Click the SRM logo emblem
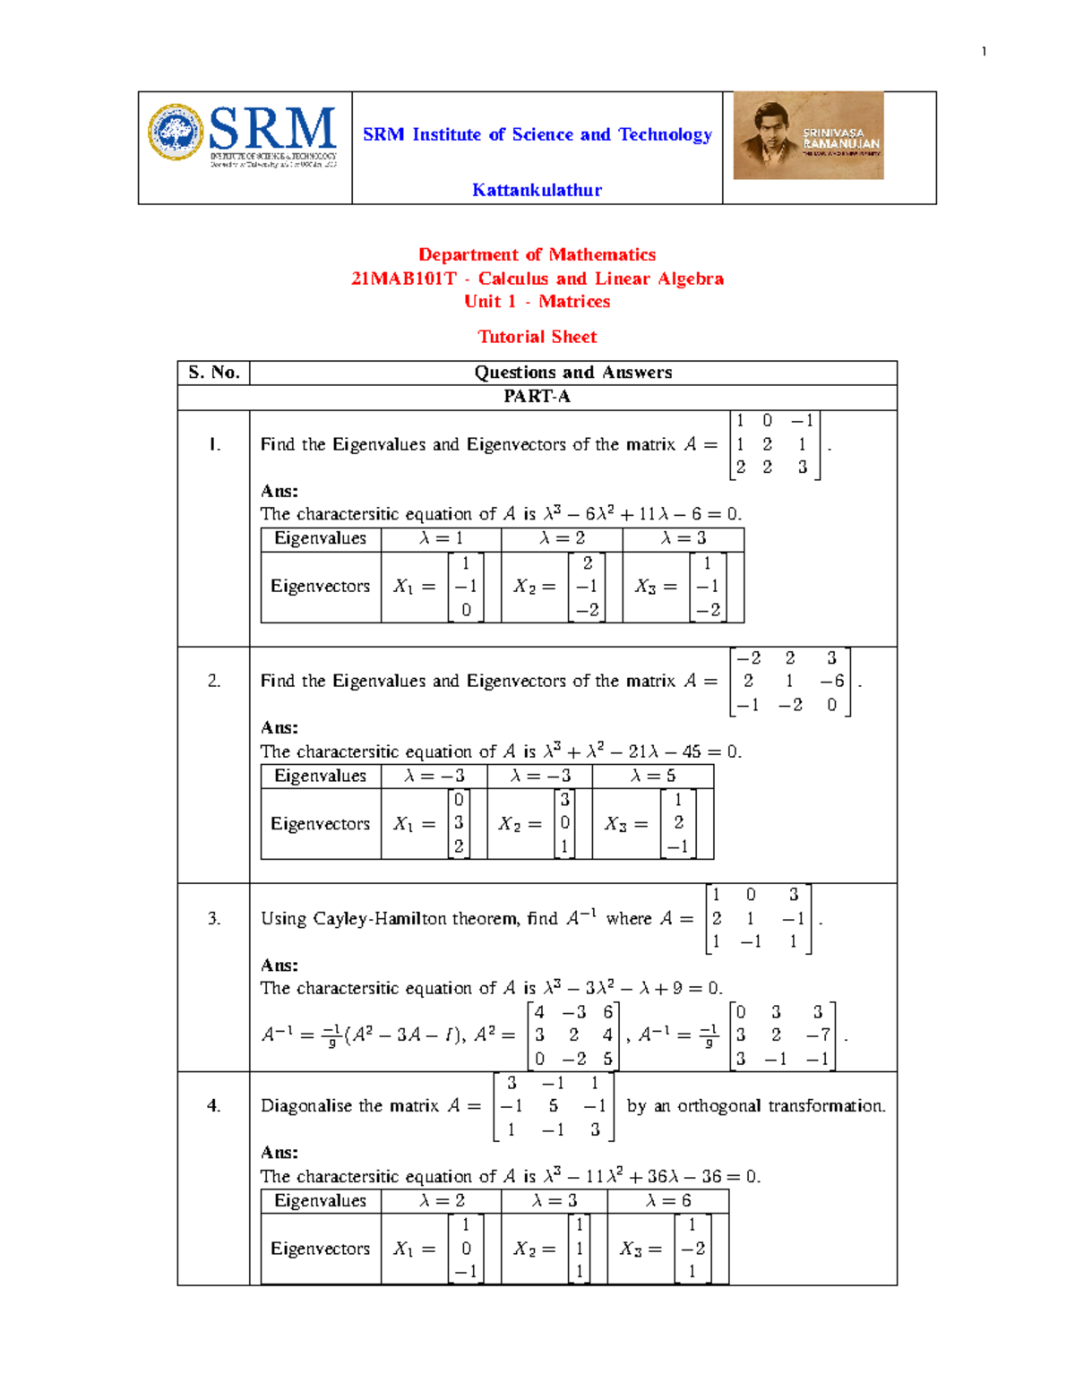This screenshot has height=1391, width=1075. coord(176,133)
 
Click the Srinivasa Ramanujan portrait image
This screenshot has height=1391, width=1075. coord(808,135)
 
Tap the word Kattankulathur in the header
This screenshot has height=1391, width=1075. coord(537,190)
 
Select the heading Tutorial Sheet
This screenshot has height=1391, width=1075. coord(537,337)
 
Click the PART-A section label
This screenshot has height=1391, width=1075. coord(537,397)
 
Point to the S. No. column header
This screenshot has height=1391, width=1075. coord(214,373)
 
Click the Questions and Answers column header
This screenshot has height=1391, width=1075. coord(572,373)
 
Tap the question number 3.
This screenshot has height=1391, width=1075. coord(214,918)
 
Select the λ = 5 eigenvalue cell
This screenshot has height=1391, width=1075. coord(652,776)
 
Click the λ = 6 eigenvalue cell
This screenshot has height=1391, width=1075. coord(667,1200)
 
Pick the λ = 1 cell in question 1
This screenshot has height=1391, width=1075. coord(441,538)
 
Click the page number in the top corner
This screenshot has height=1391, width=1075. coord(984,52)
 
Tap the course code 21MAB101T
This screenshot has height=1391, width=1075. coord(403,279)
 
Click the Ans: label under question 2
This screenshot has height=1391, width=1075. coord(279,728)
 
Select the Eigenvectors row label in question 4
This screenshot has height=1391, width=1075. coord(320,1249)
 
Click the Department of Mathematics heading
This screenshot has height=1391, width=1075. coord(537,255)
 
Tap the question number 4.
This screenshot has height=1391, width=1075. coord(214,1106)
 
